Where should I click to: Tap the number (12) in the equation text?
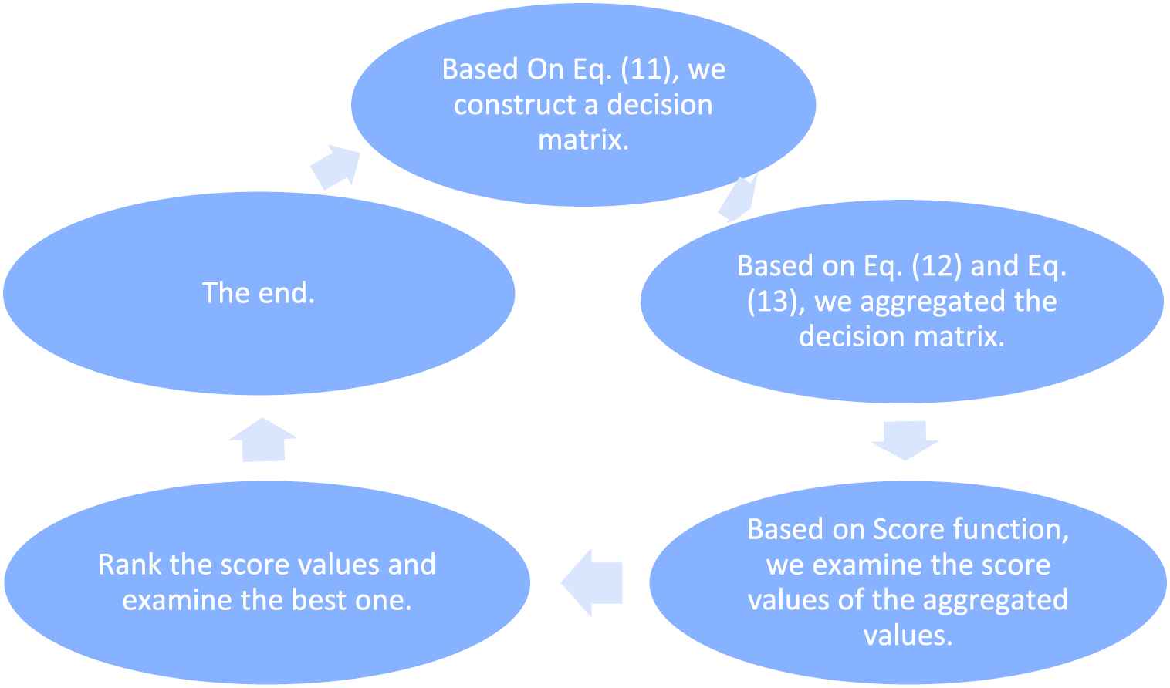936,265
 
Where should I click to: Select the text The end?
259,293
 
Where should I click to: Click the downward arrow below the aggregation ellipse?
905,440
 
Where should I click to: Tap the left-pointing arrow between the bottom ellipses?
592,582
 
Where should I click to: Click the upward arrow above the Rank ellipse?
262,440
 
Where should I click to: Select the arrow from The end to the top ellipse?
336,167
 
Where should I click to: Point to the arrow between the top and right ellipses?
737,199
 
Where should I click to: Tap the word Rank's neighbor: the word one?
384,601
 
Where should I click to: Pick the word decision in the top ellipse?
660,105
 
